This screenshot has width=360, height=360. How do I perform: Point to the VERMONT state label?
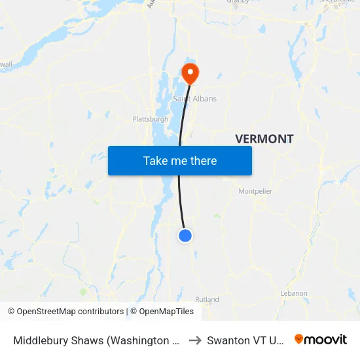pos(264,139)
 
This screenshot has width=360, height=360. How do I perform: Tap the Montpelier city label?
pos(255,191)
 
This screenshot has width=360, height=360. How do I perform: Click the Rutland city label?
pos(207,300)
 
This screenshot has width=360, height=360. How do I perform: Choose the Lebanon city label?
pos(293,293)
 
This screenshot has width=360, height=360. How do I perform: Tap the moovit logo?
pos(320,340)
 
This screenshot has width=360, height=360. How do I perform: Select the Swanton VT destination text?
pos(246,340)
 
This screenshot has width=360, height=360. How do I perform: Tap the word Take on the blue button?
pos(156,160)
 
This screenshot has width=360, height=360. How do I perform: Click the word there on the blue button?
pos(203,160)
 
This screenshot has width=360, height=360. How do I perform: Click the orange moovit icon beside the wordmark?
pos(299,339)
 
